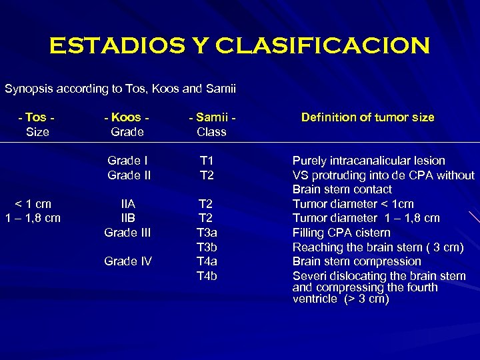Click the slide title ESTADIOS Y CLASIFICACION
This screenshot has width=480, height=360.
click(239, 46)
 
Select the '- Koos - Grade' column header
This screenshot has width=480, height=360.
click(127, 125)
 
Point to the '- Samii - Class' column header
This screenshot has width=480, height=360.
click(211, 125)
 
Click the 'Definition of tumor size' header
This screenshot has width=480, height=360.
click(367, 117)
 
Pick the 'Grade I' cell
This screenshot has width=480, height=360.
click(127, 161)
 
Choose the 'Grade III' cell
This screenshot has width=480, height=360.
click(127, 233)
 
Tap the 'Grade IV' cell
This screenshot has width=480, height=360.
click(127, 261)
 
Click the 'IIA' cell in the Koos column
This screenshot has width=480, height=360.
click(127, 204)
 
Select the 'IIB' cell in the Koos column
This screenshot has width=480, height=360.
click(127, 218)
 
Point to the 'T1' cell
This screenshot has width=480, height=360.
click(207, 161)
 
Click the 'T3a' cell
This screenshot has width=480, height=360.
click(207, 233)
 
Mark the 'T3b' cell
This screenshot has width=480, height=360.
click(207, 247)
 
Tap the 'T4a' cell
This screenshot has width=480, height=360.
click(207, 261)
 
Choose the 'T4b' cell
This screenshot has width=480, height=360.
click(207, 276)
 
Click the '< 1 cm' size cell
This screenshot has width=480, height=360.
click(33, 204)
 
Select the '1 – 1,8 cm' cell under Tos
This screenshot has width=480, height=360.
click(33, 218)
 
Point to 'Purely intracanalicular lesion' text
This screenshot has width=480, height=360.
click(369, 161)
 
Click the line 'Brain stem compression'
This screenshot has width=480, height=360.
click(357, 261)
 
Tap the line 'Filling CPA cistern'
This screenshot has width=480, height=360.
click(341, 233)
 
